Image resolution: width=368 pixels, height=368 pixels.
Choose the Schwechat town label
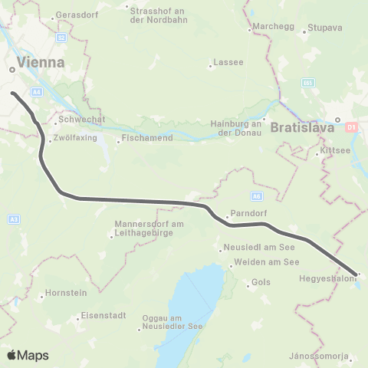click(x=80, y=120)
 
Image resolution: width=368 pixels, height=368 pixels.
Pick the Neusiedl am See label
click(x=251, y=248)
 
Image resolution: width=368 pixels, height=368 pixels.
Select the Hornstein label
click(x=66, y=292)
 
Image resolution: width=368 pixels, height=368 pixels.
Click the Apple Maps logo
click(x=28, y=355)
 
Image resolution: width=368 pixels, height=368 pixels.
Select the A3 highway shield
click(x=14, y=220)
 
